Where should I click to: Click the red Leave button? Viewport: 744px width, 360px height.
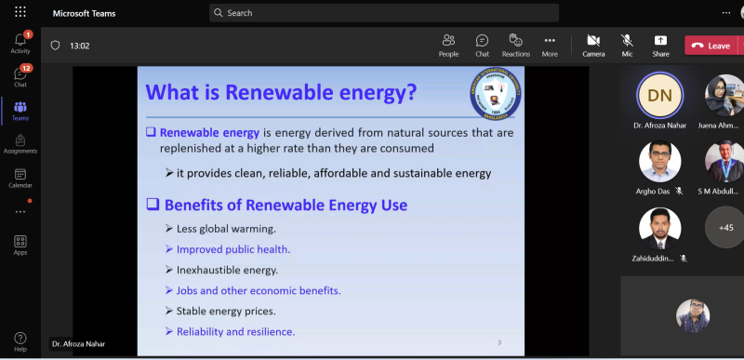(712, 45)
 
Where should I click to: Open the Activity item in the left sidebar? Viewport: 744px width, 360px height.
(20, 42)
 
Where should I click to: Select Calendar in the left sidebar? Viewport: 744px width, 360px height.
(20, 177)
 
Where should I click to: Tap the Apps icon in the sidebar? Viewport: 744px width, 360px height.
(20, 244)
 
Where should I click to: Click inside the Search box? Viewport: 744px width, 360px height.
(384, 13)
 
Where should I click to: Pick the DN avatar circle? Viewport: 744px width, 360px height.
(659, 94)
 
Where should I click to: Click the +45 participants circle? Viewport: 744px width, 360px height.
(725, 227)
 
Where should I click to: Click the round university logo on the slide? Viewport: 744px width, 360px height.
(496, 99)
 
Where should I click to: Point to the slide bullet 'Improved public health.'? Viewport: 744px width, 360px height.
(233, 249)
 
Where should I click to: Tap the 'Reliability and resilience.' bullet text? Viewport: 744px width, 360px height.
(235, 331)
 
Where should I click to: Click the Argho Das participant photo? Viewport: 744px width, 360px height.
(659, 161)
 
